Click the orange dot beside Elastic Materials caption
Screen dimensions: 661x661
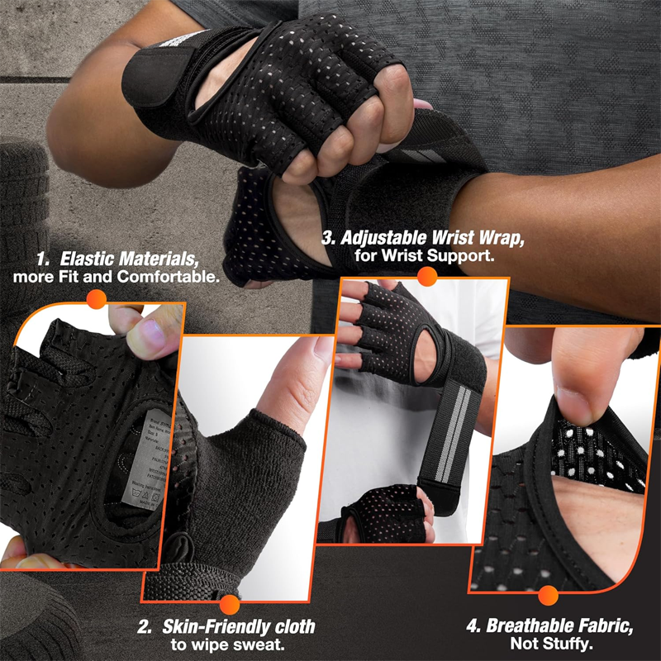click(x=97, y=299)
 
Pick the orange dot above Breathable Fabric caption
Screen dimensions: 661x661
click(x=547, y=596)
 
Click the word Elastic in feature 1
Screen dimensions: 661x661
click(x=88, y=258)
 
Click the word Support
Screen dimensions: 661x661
click(x=464, y=256)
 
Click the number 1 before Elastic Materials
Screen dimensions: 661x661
click(x=41, y=258)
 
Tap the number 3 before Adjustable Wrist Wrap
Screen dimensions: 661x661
click(x=329, y=238)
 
